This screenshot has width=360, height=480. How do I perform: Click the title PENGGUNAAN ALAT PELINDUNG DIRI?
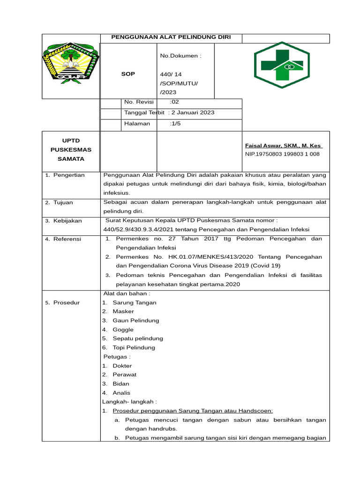click(x=171, y=37)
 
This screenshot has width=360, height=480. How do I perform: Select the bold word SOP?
click(x=127, y=74)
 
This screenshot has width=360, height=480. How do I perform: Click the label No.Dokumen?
click(x=180, y=56)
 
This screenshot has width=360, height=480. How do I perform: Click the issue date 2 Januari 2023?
click(x=193, y=112)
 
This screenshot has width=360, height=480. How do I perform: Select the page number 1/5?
click(x=175, y=123)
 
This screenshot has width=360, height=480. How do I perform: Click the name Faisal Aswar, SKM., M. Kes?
click(x=284, y=146)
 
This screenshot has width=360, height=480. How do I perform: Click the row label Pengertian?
click(x=68, y=175)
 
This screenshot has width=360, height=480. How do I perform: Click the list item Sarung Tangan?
click(x=134, y=302)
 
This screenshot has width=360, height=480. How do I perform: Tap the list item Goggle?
click(x=123, y=330)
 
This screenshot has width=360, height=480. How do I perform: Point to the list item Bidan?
click(x=120, y=383)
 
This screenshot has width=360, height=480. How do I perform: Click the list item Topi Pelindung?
click(x=134, y=347)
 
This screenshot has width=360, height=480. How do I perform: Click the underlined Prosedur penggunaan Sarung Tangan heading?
click(x=196, y=411)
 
